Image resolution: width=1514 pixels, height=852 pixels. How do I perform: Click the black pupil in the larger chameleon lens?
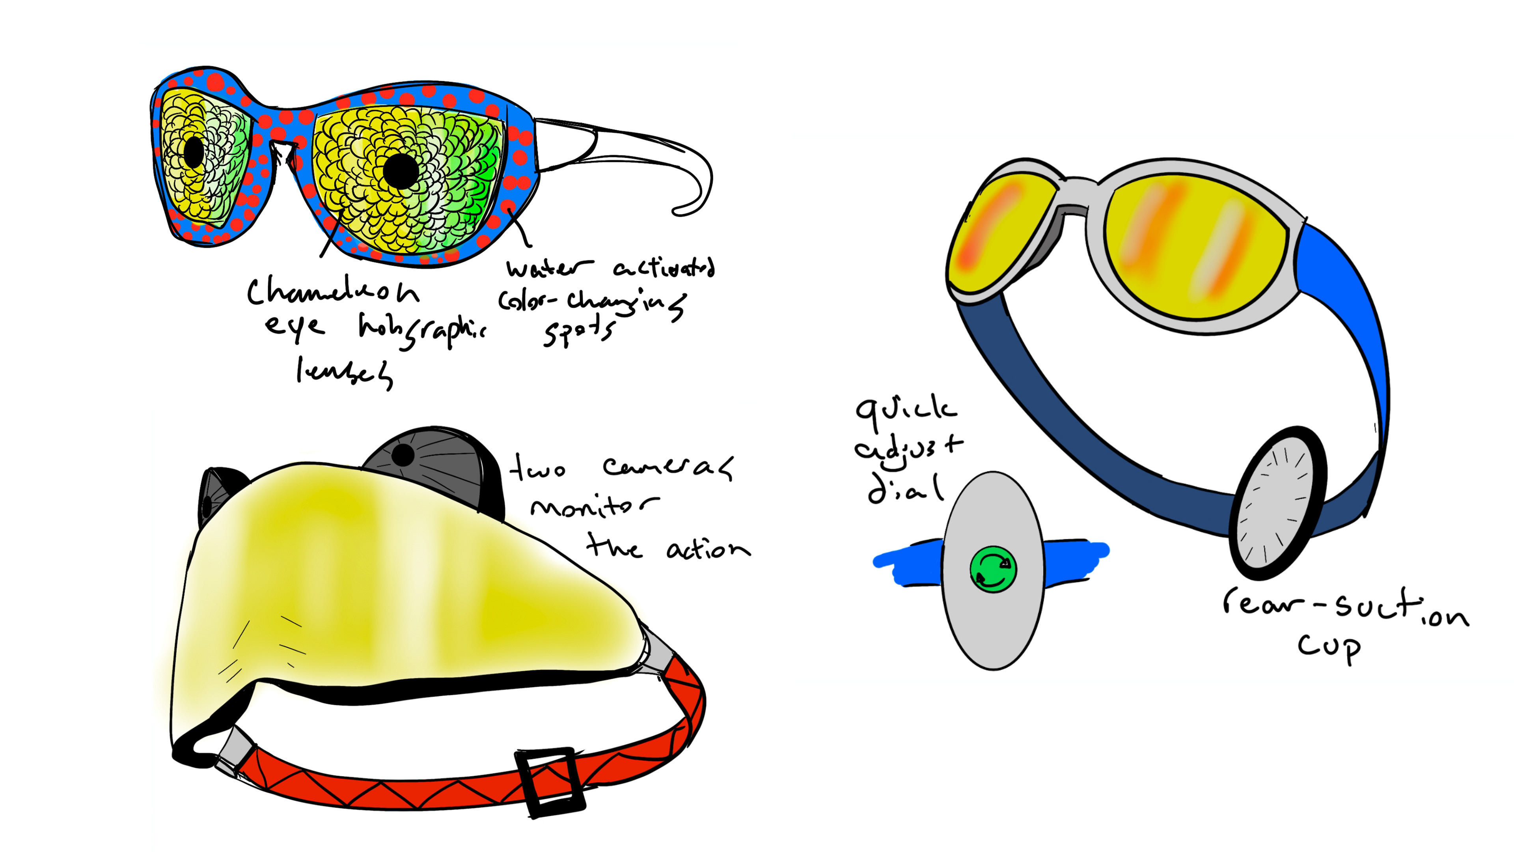[401, 171]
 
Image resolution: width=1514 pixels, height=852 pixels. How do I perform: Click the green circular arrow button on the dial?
[993, 568]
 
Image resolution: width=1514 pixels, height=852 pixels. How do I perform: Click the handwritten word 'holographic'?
[422, 331]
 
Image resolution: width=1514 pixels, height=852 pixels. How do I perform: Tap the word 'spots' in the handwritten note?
[579, 332]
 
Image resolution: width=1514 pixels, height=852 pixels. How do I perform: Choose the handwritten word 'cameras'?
[668, 467]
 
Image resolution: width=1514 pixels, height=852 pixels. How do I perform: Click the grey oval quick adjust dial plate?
[993, 623]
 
